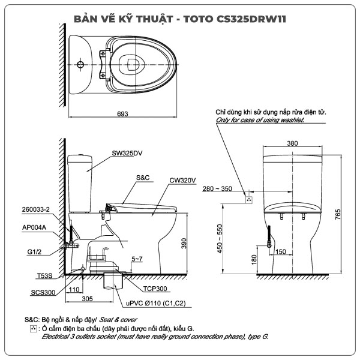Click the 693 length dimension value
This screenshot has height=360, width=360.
point(122,114)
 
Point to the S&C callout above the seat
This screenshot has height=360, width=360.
point(143,178)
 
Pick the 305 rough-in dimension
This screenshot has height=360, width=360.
point(86,298)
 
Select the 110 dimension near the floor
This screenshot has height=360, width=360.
point(74,289)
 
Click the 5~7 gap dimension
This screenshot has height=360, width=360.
point(137,259)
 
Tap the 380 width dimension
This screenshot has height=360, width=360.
point(292,143)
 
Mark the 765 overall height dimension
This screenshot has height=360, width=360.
point(339,213)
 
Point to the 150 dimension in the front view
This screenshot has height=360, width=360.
point(281,251)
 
